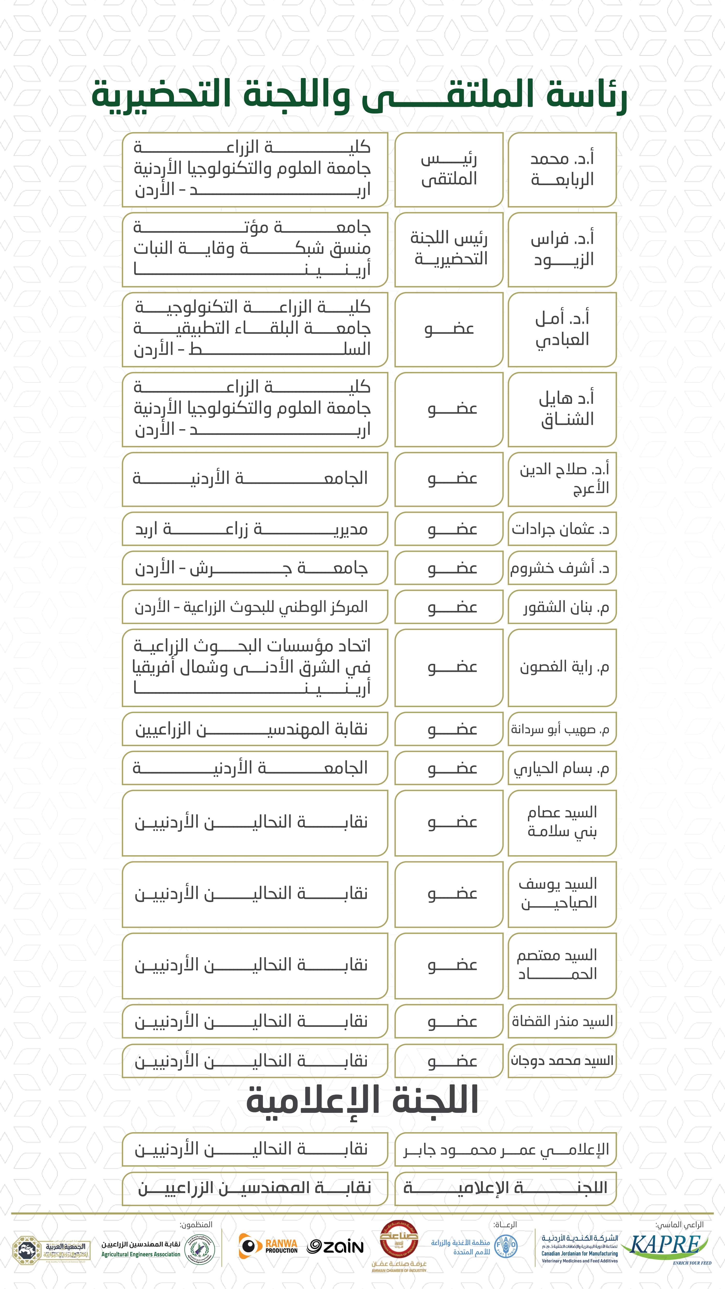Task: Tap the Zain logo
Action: [335, 1246]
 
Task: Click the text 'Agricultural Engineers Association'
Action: [141, 1254]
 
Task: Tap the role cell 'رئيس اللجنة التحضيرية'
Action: [449, 249]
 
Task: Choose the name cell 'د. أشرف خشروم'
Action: [562, 568]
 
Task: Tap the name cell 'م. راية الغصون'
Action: [562, 667]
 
